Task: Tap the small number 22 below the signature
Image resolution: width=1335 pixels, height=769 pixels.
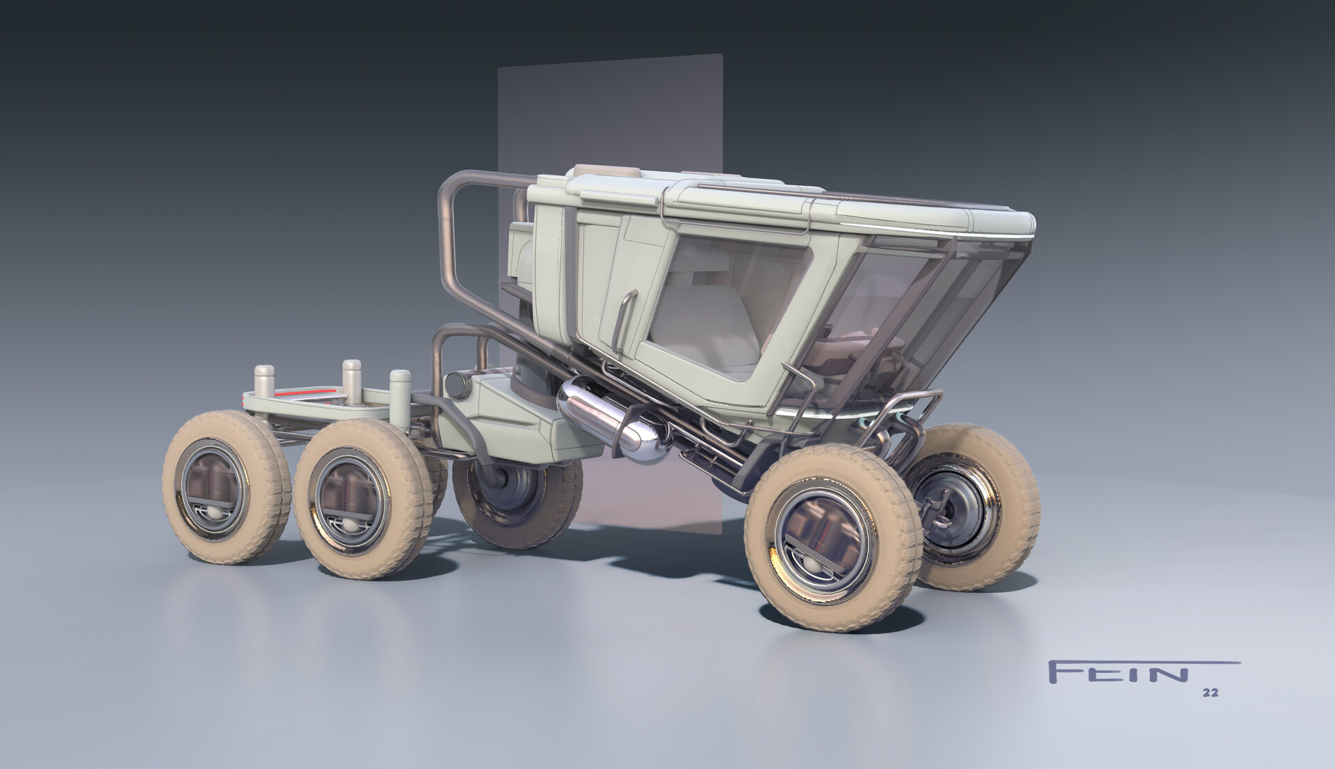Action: pyautogui.click(x=1210, y=693)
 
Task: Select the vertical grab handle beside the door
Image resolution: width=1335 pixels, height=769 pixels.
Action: pyautogui.click(x=626, y=313)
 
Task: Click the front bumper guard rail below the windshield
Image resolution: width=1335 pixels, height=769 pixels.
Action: pyautogui.click(x=904, y=411)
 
